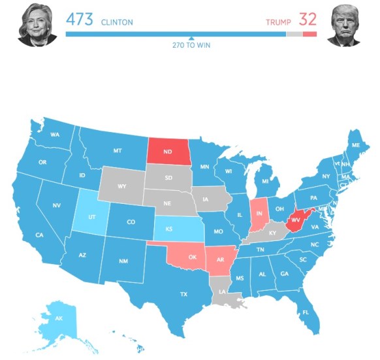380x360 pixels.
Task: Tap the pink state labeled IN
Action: (x=259, y=214)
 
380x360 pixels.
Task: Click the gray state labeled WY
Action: (x=121, y=186)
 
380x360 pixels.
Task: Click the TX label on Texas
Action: (x=183, y=294)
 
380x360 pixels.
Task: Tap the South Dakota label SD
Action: (x=168, y=177)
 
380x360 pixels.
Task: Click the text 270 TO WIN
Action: (x=191, y=45)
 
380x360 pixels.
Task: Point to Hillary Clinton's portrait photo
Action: (x=33, y=25)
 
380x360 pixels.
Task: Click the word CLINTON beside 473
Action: (x=117, y=22)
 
